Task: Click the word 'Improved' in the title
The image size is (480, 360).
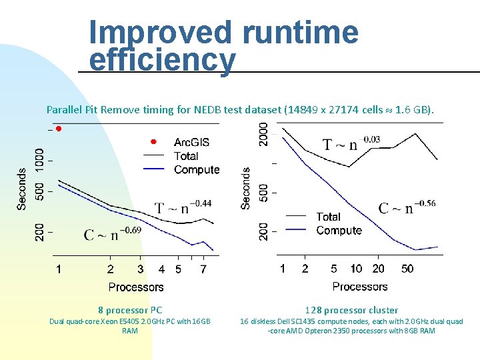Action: (161, 32)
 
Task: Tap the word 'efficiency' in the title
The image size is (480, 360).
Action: (162, 61)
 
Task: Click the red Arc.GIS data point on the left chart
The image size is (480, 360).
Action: (59, 128)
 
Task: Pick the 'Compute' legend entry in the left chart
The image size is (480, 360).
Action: (196, 170)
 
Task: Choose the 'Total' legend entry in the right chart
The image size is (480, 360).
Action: (328, 217)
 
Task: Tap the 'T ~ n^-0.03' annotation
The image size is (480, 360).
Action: (351, 143)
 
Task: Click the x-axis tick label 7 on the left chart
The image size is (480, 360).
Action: (203, 269)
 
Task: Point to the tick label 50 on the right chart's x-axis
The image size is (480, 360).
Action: (407, 269)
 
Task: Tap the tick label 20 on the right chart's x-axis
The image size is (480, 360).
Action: (378, 269)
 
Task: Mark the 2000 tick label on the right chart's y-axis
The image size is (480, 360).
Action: (264, 133)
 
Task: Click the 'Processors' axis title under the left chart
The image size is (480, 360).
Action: (136, 287)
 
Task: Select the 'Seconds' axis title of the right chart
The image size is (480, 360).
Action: (246, 188)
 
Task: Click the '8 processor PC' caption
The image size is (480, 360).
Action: (130, 310)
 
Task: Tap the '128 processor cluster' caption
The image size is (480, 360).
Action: (351, 310)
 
